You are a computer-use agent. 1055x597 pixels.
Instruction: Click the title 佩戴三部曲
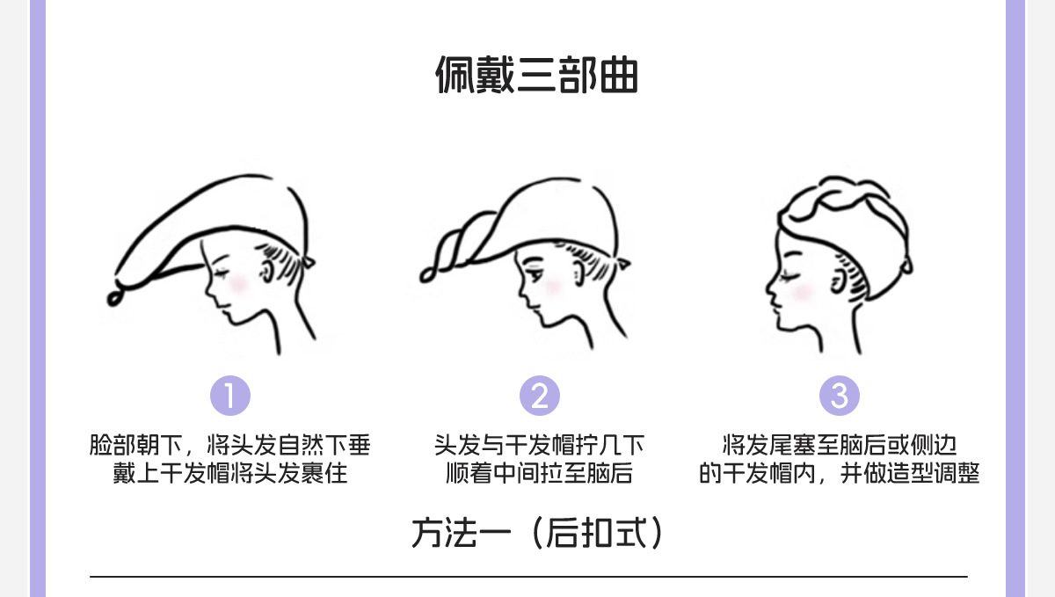[536, 76]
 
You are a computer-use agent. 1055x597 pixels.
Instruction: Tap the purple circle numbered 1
[230, 396]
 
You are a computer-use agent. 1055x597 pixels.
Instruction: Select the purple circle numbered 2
[540, 396]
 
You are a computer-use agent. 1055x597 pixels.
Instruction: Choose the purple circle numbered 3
[840, 396]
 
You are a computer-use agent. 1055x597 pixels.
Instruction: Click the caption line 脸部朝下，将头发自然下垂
[230, 445]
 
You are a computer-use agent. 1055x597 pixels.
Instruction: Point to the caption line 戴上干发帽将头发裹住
[230, 474]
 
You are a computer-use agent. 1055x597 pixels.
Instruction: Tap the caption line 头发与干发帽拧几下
[540, 445]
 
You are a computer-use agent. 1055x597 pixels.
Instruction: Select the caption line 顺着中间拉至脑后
[540, 474]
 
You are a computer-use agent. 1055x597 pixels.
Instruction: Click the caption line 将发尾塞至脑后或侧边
[840, 445]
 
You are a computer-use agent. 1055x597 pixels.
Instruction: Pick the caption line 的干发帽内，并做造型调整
[840, 474]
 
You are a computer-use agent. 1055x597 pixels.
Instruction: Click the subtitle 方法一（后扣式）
[536, 533]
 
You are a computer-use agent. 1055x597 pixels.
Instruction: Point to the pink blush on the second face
[552, 286]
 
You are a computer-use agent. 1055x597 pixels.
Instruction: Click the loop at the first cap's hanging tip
[114, 296]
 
